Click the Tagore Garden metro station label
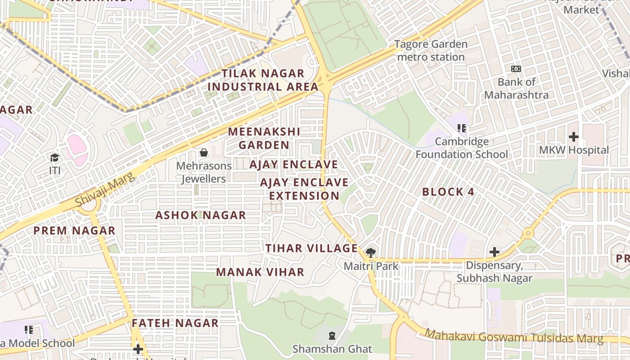[x=431, y=50]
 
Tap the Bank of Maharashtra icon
[x=516, y=69]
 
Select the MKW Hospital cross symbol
[x=573, y=136]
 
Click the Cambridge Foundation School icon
[x=461, y=129]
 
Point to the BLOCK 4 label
[x=448, y=192]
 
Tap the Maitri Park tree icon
[x=371, y=252]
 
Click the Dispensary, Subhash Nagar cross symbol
[x=494, y=252]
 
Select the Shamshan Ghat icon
[x=332, y=335]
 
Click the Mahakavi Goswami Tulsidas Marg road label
[x=514, y=337]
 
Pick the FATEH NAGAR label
[x=175, y=323]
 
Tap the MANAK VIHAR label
[x=260, y=272]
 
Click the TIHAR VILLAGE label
[x=311, y=248]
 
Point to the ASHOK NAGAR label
[x=201, y=215]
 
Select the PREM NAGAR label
[x=75, y=231]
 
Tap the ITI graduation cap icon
[x=54, y=157]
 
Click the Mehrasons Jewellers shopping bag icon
[x=204, y=153]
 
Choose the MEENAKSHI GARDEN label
[x=264, y=138]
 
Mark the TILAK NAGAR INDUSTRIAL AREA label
[x=263, y=80]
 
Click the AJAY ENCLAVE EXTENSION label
[x=304, y=189]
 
